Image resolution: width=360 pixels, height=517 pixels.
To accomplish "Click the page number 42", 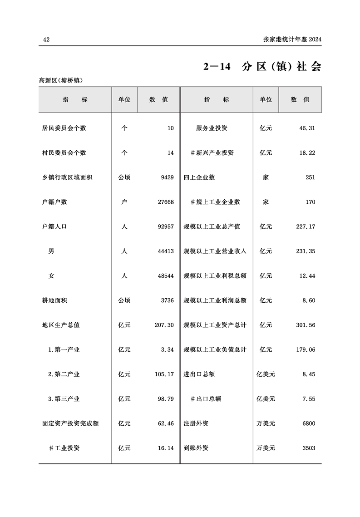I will point(46,40).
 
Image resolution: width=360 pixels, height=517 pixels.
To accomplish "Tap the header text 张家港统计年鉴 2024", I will point(292,40).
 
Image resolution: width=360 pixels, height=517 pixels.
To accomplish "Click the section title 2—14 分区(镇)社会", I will point(262,67).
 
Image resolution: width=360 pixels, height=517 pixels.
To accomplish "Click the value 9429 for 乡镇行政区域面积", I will point(167,177).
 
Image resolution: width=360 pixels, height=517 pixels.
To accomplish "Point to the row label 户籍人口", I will point(54,226).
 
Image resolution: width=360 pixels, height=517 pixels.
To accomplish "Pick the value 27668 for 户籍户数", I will point(165,202).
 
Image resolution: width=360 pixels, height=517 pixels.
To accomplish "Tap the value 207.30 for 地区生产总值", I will point(164,325).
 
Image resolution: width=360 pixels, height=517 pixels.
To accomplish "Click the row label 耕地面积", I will point(54,300).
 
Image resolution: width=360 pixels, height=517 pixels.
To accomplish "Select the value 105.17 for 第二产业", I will point(164,374).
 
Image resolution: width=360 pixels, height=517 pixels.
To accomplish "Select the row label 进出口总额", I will point(199,374).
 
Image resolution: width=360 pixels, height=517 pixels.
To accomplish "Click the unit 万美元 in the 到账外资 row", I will point(266,448).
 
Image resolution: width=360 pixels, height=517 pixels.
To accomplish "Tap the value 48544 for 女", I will point(165,276).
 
